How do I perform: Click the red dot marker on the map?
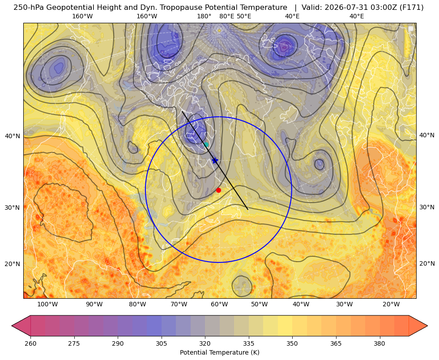pyautogui.click(x=218, y=190)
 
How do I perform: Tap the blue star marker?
pyautogui.click(x=215, y=161)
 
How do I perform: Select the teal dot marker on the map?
pyautogui.click(x=206, y=144)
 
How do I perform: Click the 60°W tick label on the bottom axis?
pyautogui.click(x=219, y=304)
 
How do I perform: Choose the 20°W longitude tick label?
pyautogui.click(x=391, y=304)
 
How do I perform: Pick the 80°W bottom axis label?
pyautogui.click(x=137, y=304)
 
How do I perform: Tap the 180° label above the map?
pyautogui.click(x=204, y=16)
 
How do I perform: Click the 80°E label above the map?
pyautogui.click(x=227, y=16)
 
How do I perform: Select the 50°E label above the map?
pyautogui.click(x=244, y=16)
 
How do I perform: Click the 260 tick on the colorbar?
pyautogui.click(x=30, y=343)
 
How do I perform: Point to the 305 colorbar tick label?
pyautogui.click(x=161, y=343)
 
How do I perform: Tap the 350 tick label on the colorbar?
pyautogui.click(x=292, y=343)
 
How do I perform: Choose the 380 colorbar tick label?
pyautogui.click(x=379, y=343)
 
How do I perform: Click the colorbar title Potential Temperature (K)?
pyautogui.click(x=219, y=352)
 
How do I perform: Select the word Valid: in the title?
pyautogui.click(x=312, y=8)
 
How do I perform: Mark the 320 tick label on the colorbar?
pyautogui.click(x=205, y=343)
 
